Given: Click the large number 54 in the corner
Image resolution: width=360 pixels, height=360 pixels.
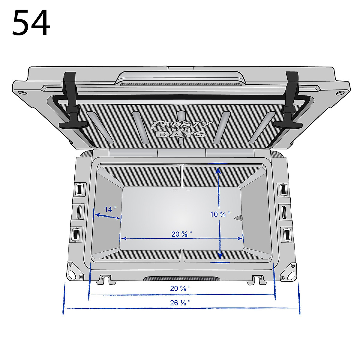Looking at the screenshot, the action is coord(31,22).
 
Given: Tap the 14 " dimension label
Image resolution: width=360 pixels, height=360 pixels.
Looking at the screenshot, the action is coord(110,209).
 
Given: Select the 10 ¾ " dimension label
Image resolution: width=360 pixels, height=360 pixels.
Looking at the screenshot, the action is coord(220,214).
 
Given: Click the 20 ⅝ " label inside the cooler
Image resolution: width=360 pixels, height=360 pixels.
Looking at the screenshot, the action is coord(181,234).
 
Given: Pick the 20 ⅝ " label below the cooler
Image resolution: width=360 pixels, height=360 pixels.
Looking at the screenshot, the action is coord(180,288).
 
